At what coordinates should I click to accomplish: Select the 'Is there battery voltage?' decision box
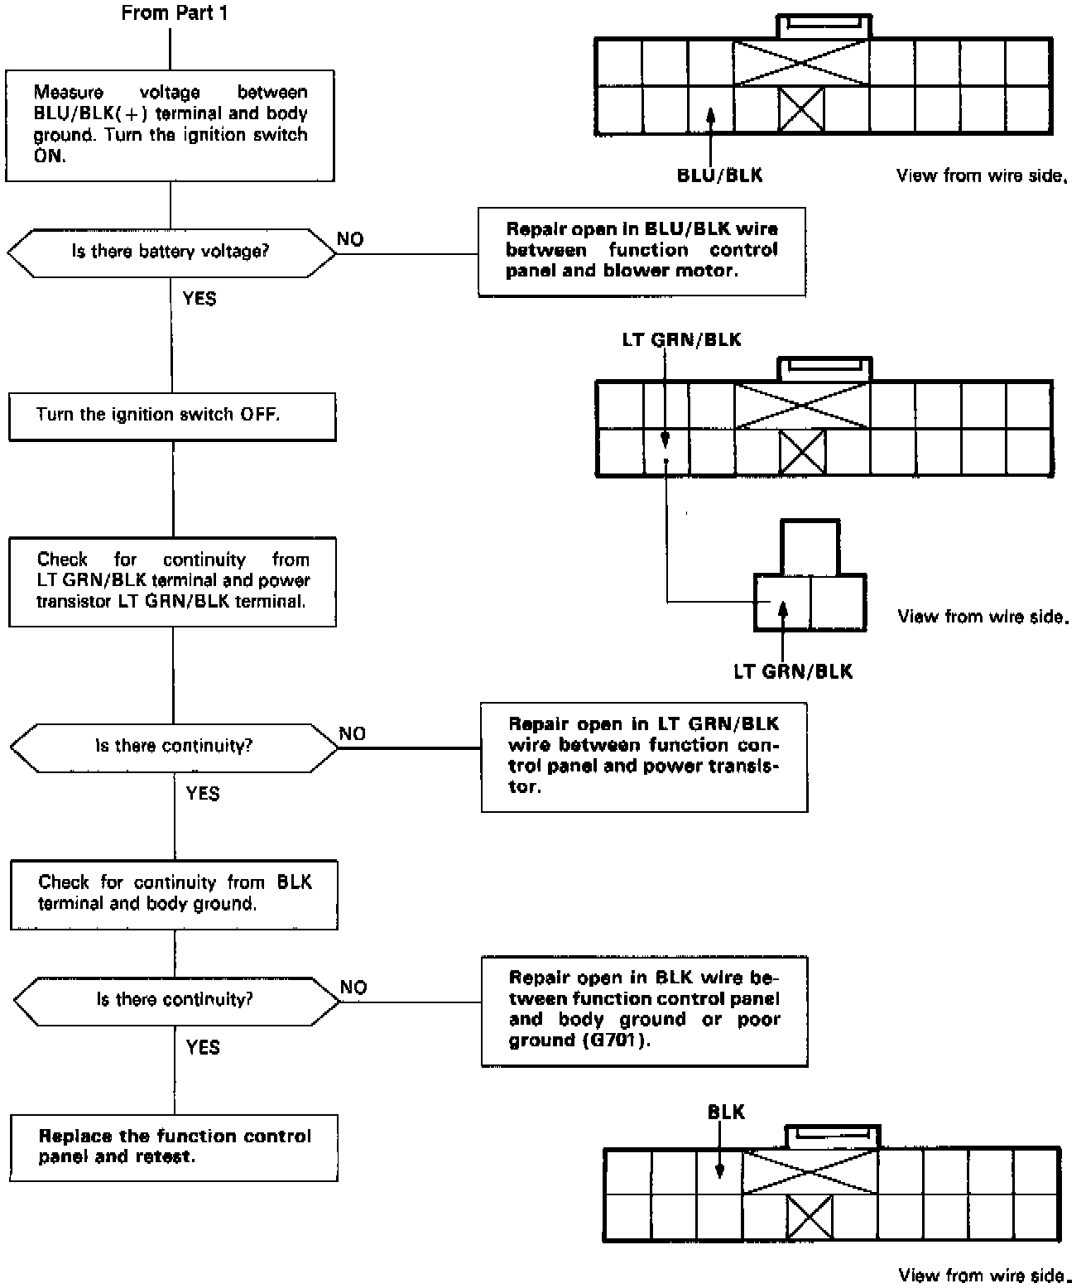click(171, 252)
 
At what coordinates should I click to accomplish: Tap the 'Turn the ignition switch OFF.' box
click(172, 416)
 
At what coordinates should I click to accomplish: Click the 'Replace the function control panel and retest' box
click(174, 1147)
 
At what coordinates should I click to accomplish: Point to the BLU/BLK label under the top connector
click(719, 175)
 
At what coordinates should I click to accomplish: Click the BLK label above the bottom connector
click(726, 1113)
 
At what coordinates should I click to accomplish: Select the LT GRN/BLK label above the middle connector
click(681, 340)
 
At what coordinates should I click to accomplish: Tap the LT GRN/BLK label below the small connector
click(792, 671)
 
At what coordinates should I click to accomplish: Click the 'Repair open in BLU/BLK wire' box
click(642, 251)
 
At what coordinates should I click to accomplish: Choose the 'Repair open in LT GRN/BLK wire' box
click(644, 756)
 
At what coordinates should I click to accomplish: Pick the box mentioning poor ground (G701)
click(644, 1010)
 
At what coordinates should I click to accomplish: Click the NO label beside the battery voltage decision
click(350, 239)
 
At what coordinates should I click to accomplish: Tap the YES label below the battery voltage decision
click(199, 298)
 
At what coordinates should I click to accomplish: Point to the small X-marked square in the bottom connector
click(809, 1218)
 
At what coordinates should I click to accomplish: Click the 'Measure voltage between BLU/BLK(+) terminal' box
click(170, 125)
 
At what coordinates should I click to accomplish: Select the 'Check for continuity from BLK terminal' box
click(174, 894)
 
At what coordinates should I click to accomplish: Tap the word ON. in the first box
click(49, 156)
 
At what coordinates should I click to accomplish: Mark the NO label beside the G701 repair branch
click(353, 988)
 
